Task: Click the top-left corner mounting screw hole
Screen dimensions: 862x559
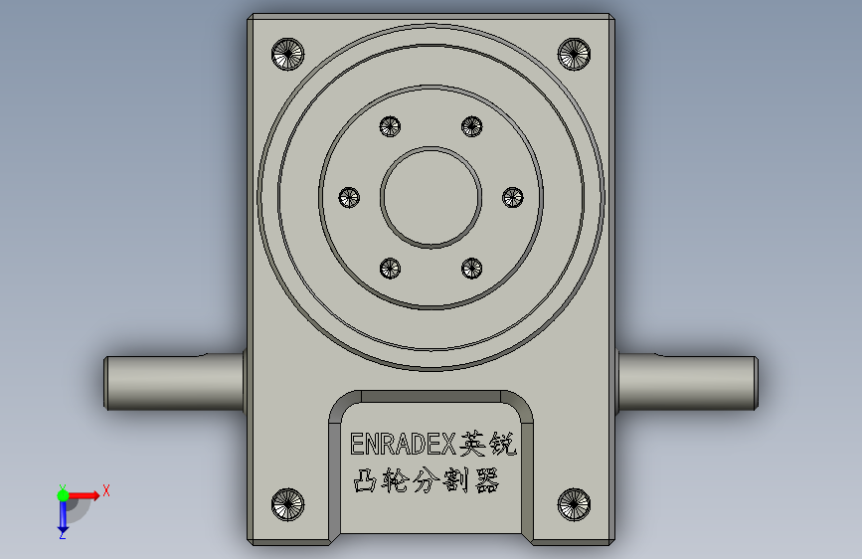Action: tap(287, 54)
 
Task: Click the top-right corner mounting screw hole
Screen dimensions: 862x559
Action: tap(574, 54)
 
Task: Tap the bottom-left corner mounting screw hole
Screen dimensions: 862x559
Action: tap(287, 504)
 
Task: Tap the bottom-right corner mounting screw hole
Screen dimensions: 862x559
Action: tap(574, 504)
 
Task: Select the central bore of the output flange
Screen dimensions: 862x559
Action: tap(431, 197)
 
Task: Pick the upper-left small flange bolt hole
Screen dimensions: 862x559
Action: tap(390, 126)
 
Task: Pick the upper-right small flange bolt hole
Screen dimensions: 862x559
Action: tap(471, 126)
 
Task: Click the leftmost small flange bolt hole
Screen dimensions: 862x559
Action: tap(349, 197)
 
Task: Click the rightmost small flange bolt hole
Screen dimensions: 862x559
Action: tap(513, 197)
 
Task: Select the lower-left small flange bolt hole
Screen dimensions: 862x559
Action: tap(390, 269)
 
